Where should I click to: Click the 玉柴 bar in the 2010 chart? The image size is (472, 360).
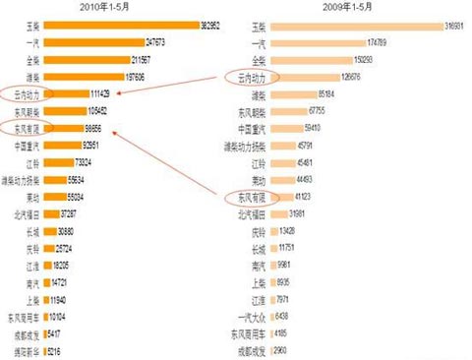[x=117, y=23]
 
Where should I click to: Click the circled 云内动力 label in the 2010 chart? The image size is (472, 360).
[x=19, y=94]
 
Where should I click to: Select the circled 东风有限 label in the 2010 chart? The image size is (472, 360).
[x=19, y=128]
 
